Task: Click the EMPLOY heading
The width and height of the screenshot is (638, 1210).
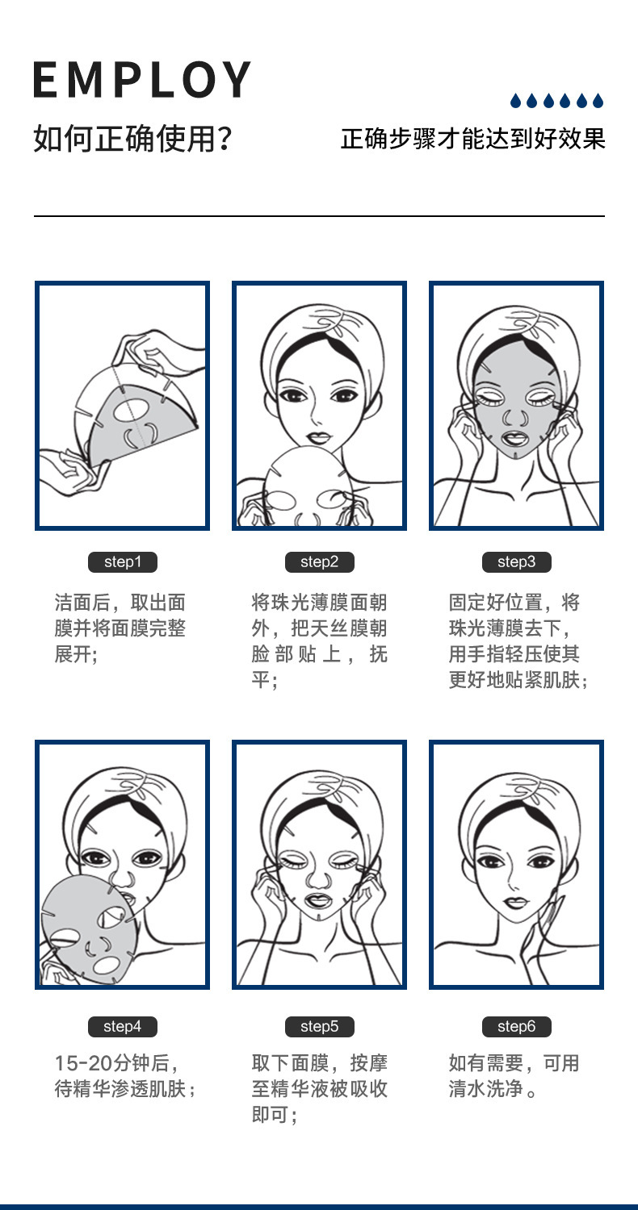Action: [142, 79]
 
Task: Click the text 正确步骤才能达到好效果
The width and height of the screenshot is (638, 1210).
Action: [472, 139]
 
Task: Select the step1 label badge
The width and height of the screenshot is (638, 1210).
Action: [122, 562]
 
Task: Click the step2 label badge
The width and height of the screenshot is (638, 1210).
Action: [319, 562]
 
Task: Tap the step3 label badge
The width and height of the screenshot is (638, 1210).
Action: [516, 562]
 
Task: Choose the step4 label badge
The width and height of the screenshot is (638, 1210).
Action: [122, 1027]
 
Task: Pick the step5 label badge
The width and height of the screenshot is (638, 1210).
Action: [319, 1027]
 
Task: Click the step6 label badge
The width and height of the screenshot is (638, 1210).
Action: [516, 1027]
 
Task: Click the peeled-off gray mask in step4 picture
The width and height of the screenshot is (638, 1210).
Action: [85, 932]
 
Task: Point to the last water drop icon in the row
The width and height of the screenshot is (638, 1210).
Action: [598, 101]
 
